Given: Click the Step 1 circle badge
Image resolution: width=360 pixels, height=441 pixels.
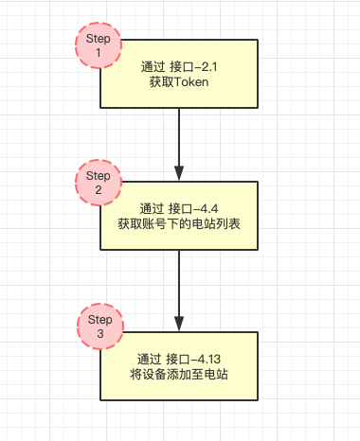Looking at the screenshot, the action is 99,45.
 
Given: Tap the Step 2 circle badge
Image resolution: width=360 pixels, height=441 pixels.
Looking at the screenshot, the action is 99,183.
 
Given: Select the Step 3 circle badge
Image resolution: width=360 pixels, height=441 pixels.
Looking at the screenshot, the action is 100,326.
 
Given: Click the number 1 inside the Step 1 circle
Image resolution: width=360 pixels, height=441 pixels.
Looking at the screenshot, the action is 99,52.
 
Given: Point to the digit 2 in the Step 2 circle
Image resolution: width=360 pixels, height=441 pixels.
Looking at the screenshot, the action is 99,189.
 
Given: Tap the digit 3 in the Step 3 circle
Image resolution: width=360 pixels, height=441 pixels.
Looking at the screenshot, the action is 100,333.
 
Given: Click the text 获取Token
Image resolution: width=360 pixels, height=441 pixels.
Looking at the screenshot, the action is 179,82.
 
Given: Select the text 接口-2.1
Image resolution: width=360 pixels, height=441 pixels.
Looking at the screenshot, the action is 193,67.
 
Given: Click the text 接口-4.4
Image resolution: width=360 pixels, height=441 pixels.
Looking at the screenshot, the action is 193,209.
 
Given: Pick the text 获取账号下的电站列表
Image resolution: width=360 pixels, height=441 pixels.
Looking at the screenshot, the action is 179,224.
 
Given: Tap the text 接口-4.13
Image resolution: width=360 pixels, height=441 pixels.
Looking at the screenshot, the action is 193,359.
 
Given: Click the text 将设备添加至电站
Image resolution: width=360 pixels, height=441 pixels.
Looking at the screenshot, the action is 179,375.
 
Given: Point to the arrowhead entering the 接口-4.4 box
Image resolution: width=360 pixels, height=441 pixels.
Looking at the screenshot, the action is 179,174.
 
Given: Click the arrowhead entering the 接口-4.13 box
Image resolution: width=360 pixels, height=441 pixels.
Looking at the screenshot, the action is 179,324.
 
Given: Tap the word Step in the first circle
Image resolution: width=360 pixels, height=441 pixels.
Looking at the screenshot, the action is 99,39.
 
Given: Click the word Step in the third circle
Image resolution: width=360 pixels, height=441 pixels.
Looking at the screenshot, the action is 100,320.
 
